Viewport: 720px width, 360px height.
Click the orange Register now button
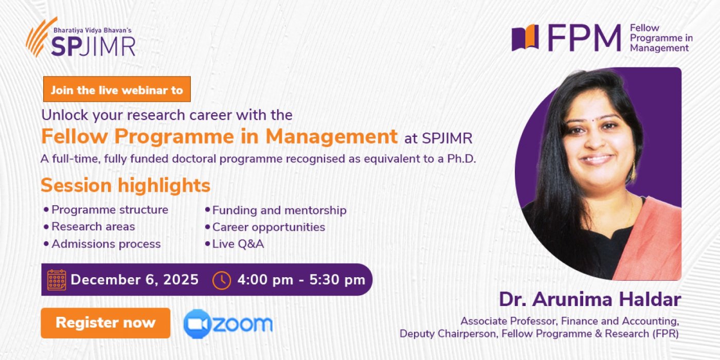[x=105, y=323]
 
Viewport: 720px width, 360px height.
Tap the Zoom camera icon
[x=197, y=323]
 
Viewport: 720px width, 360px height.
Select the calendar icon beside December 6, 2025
[x=57, y=280]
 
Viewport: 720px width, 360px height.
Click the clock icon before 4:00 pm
[x=222, y=280]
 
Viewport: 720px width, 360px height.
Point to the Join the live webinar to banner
[x=117, y=89]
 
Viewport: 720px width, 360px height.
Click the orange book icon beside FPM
[x=525, y=38]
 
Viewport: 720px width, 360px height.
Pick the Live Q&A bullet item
[x=238, y=244]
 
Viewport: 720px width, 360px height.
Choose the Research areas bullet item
[x=93, y=227]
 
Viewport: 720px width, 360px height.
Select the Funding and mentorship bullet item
[x=279, y=210]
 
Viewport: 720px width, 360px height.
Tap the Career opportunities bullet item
[x=268, y=227]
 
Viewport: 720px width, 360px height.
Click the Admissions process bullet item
[x=105, y=244]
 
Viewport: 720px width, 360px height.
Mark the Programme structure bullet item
[x=110, y=210]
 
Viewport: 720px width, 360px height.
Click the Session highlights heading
[x=125, y=185]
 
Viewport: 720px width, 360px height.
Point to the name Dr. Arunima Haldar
[x=590, y=299]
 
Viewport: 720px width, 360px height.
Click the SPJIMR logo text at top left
[x=93, y=46]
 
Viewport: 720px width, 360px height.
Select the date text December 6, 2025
[x=134, y=280]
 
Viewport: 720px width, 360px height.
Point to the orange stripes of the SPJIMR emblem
[x=40, y=36]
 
